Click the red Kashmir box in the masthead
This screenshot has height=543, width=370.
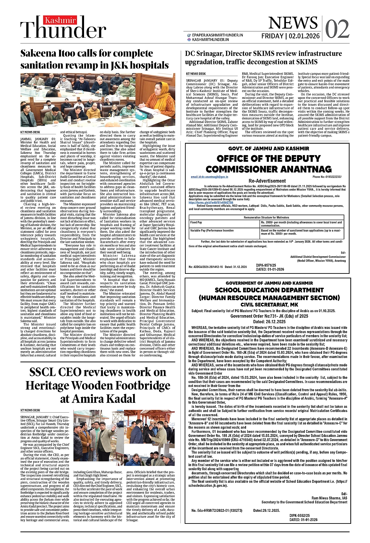click(x=60, y=21)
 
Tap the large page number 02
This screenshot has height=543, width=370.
click(x=337, y=29)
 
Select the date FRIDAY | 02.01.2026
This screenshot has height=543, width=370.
click(x=290, y=36)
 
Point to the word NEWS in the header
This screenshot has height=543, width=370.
click(x=293, y=23)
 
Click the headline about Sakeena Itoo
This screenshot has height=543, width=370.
click(x=94, y=59)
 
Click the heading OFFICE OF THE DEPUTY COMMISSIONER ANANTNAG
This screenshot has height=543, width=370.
click(x=268, y=164)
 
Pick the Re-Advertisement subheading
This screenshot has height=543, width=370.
click(x=267, y=181)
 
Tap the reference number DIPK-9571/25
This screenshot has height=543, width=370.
click(x=266, y=265)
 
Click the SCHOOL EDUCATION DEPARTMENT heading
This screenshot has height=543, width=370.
click(x=269, y=290)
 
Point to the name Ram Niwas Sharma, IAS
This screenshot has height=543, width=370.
click(x=329, y=498)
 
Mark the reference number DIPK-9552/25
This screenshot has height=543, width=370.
click(x=300, y=515)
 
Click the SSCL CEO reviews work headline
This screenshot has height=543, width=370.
click(x=98, y=385)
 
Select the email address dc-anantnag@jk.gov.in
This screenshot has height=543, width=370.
click(x=209, y=177)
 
